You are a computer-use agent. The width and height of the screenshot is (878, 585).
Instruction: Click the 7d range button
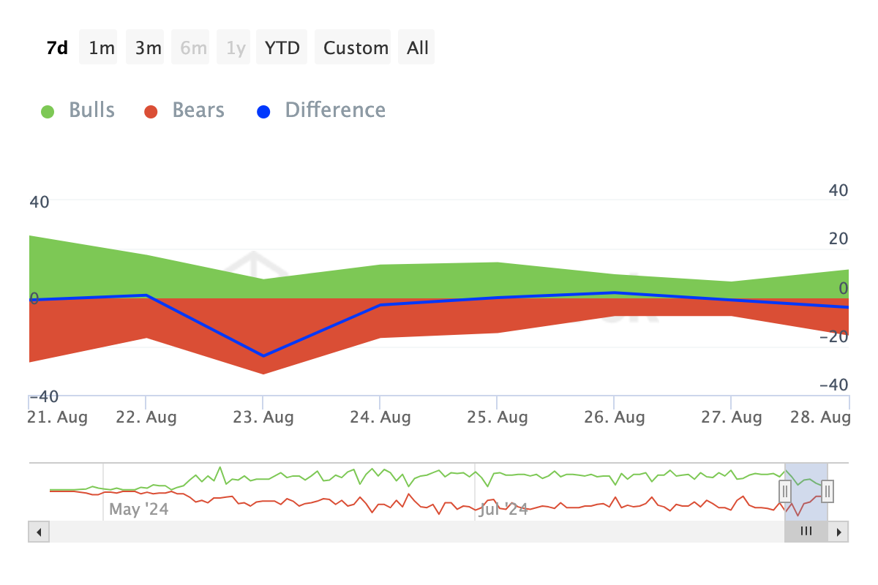[x=57, y=48]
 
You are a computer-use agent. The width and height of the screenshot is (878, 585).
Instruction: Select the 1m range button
[x=102, y=48]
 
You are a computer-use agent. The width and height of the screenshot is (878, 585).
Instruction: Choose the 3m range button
[x=149, y=48]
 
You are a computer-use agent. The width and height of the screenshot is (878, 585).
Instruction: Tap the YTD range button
[x=282, y=48]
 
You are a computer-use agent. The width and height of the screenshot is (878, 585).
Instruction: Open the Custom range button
[x=356, y=48]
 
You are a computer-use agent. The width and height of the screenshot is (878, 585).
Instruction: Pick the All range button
[x=418, y=48]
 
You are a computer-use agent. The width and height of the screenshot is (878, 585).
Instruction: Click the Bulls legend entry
[x=78, y=110]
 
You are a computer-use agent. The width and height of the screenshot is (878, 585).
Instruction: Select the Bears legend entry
[x=184, y=110]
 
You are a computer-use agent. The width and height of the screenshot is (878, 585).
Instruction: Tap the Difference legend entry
[x=322, y=110]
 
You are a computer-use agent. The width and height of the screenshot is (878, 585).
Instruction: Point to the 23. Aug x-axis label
[x=263, y=418]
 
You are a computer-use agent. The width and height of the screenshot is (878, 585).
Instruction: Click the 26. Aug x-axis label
[x=615, y=418]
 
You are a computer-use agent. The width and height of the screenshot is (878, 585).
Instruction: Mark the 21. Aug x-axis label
[x=57, y=418]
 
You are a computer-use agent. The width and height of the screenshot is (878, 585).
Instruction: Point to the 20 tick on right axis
[x=837, y=238]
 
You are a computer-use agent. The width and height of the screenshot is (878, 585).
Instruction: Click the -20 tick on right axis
[x=833, y=336]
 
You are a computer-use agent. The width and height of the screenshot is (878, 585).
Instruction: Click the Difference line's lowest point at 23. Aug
[x=263, y=356]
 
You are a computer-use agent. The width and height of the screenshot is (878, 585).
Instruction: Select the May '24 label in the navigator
[x=139, y=509]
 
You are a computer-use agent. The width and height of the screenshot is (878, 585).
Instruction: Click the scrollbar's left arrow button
[x=39, y=532]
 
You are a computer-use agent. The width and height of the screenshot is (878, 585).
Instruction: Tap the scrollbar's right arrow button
[x=838, y=532]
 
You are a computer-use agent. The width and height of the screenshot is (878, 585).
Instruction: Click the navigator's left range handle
[x=785, y=491]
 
